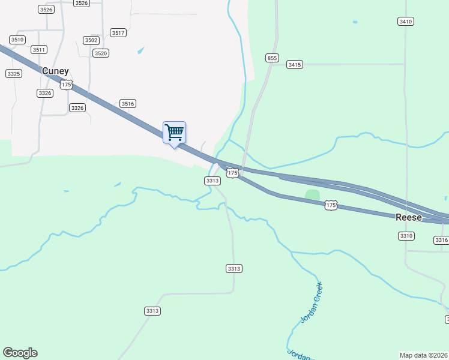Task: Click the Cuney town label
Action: (55, 71)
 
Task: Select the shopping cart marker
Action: (174, 132)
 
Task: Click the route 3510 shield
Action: (17, 40)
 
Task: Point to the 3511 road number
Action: (39, 50)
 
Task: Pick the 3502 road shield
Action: (91, 40)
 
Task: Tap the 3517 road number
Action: (118, 33)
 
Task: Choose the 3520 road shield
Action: (101, 53)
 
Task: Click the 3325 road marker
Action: (14, 73)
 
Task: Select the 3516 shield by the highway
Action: (127, 104)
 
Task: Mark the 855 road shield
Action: (273, 58)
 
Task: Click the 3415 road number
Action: (294, 64)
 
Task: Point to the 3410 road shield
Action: (406, 22)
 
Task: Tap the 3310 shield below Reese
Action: (406, 236)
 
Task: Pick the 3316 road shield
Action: (441, 240)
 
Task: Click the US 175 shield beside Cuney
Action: (66, 85)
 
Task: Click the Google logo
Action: (20, 353)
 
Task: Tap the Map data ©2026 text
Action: (423, 355)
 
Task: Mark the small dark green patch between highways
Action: (312, 194)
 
